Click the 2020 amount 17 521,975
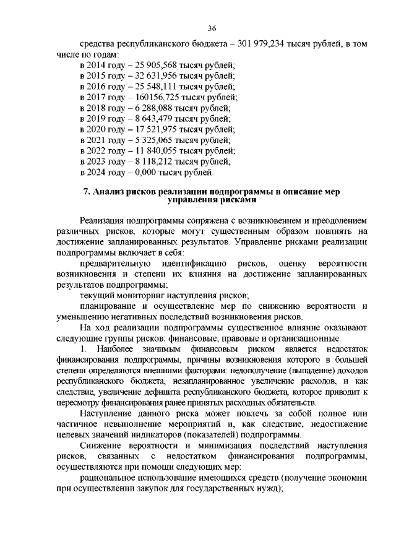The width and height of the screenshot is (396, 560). (151, 129)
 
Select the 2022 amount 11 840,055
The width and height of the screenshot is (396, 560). (151, 151)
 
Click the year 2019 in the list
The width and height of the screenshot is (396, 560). (98, 119)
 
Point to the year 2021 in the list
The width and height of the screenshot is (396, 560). (98, 140)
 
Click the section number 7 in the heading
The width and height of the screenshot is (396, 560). (87, 192)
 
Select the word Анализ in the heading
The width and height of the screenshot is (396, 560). (110, 192)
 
